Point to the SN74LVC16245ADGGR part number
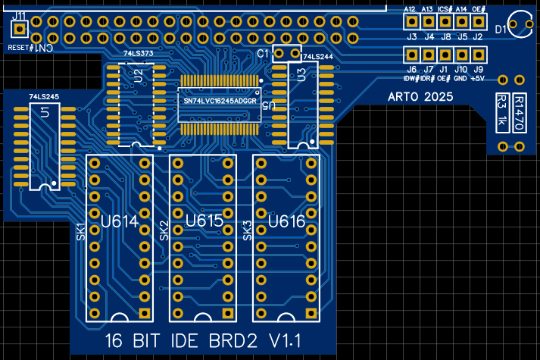click(220, 100)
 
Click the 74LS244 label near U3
click(316, 57)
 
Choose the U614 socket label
click(120, 222)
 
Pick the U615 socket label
click(203, 222)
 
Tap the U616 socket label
click(286, 222)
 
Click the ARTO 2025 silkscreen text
click(420, 97)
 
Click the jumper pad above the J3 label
click(412, 23)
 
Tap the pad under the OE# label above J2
click(479, 23)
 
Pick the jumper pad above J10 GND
click(461, 55)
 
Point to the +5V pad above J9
click(479, 55)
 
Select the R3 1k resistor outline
click(501, 111)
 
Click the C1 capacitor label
click(263, 53)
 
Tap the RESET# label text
click(20, 48)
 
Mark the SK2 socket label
click(164, 232)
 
